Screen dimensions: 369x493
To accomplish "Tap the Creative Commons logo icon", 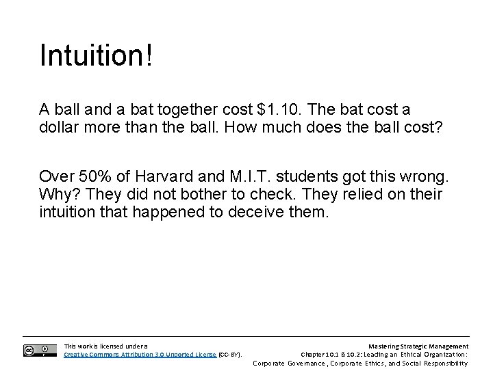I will pyautogui.click(x=40, y=350).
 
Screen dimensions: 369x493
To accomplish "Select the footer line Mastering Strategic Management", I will pyautogui.click(x=418, y=346).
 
